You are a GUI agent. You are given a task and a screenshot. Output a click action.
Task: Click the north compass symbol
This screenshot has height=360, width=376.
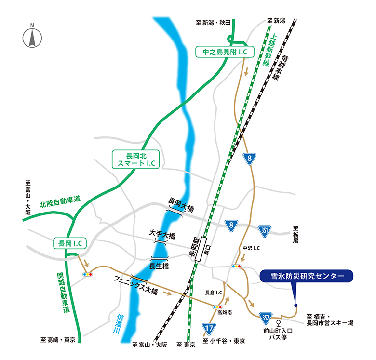[32, 37]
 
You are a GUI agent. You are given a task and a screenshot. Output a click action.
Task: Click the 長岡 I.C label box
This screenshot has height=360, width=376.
[69, 244]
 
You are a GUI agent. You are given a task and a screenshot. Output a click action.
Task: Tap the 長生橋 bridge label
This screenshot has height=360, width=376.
[159, 265]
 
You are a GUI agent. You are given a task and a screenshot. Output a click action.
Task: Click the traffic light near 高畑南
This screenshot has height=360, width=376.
[216, 306]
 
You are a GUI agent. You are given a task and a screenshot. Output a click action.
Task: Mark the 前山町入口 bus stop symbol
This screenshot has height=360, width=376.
[279, 321]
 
